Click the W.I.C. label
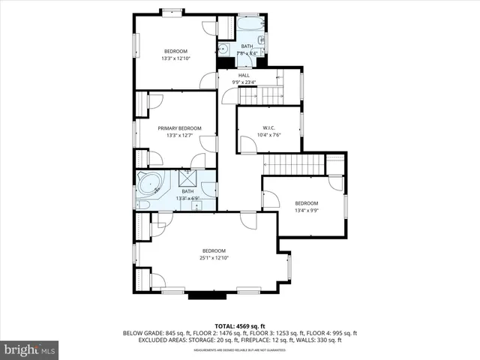click(269, 127)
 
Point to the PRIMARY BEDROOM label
click(178, 128)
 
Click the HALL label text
click(244, 75)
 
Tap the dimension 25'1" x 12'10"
click(213, 258)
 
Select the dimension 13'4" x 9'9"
click(306, 211)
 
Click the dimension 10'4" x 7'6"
click(269, 135)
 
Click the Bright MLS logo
click(30, 349)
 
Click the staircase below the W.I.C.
click(293, 163)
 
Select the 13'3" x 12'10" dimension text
click(175, 58)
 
